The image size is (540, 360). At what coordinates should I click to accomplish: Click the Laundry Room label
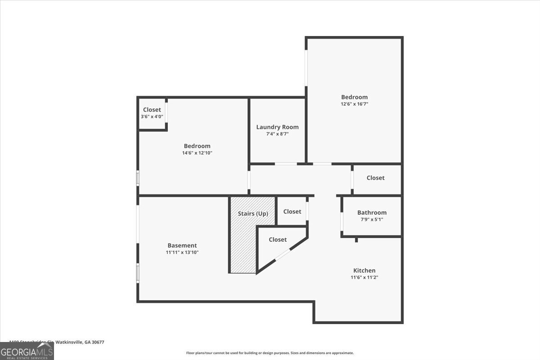(x=277, y=127)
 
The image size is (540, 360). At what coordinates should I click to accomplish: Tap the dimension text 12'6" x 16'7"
(x=354, y=104)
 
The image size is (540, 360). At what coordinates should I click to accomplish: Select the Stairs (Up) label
(x=253, y=214)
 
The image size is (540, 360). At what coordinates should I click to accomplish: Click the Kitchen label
(x=364, y=270)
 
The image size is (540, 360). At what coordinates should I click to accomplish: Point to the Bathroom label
(x=372, y=212)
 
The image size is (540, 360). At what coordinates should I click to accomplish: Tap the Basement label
(x=182, y=245)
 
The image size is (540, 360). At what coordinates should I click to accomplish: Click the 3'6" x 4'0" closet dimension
(x=152, y=117)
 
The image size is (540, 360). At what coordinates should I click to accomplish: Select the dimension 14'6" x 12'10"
(x=197, y=153)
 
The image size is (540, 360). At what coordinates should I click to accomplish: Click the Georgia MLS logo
(x=27, y=351)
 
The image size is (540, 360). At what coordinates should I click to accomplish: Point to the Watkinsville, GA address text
(x=57, y=342)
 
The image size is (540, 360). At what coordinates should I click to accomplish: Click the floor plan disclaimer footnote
(x=270, y=353)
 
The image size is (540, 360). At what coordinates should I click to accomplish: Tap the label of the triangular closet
(x=278, y=239)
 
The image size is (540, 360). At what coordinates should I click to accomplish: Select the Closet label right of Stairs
(x=292, y=211)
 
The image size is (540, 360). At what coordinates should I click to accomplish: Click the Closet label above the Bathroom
(x=375, y=178)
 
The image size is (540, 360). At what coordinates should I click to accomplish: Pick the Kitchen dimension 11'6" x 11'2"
(x=364, y=278)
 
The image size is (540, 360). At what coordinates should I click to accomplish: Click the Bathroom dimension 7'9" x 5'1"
(x=372, y=220)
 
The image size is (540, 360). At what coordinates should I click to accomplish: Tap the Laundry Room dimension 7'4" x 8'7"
(x=277, y=134)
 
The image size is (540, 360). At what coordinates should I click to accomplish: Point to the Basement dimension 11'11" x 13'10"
(x=182, y=252)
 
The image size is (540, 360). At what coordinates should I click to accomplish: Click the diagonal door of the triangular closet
(x=283, y=255)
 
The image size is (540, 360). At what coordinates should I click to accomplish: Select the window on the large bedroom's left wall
(x=306, y=67)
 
